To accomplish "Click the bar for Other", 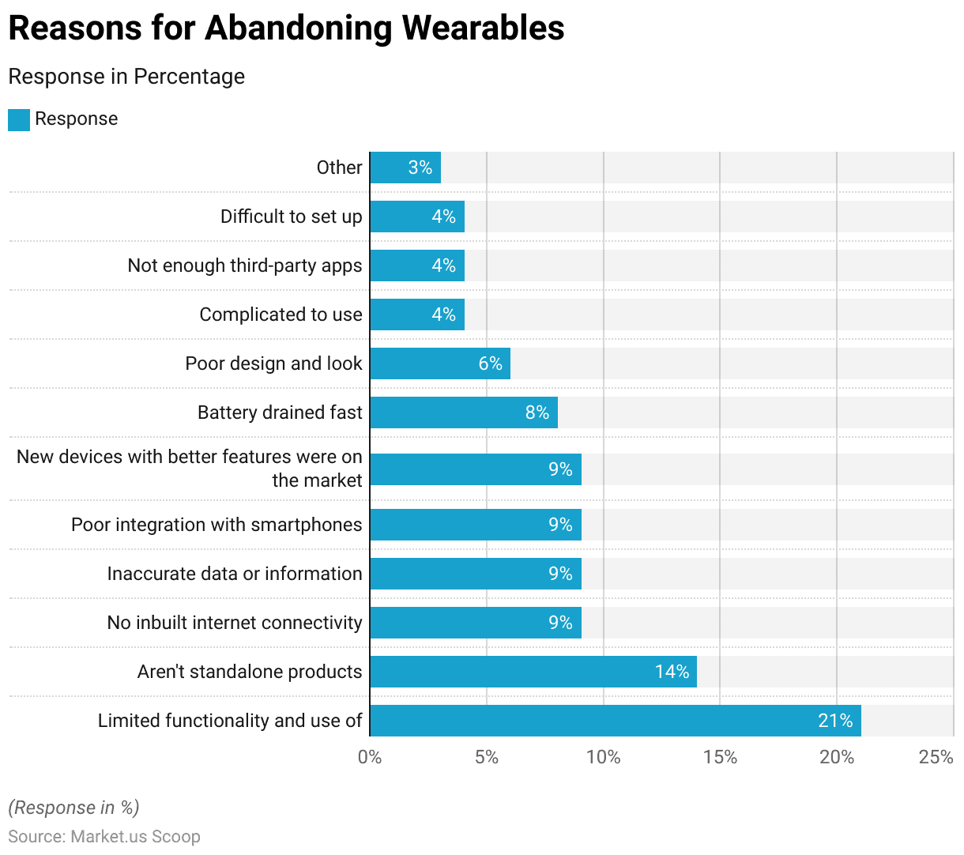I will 405,168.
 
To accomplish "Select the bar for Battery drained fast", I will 463,412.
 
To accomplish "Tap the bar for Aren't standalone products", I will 533,672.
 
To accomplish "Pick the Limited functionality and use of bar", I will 615,721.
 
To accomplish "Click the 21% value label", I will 835,721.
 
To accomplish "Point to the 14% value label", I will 672,672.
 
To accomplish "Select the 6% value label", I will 490,363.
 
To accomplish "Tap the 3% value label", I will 420,168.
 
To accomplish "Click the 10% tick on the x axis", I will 603,757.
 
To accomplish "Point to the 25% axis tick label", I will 936,757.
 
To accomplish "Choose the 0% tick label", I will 370,757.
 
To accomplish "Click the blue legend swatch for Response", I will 19,119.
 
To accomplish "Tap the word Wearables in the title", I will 483,28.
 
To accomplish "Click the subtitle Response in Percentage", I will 126,77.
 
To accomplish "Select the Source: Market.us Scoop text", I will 104,836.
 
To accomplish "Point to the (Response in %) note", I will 73,807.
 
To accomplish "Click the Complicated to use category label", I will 281,315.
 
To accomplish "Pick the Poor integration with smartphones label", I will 217,525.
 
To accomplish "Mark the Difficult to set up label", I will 291,217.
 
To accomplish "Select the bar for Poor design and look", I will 439,363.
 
